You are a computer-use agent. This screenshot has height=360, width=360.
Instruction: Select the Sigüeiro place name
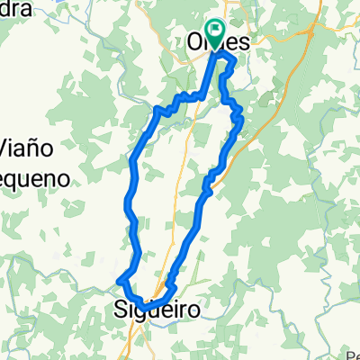click(x=158, y=310)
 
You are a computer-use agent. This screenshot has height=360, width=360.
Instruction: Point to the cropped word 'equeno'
click(x=34, y=176)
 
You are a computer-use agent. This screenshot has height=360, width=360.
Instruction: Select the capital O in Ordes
click(x=195, y=41)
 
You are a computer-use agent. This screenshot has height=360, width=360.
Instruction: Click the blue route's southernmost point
click(x=145, y=308)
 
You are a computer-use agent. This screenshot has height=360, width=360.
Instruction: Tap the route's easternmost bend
click(x=242, y=117)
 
